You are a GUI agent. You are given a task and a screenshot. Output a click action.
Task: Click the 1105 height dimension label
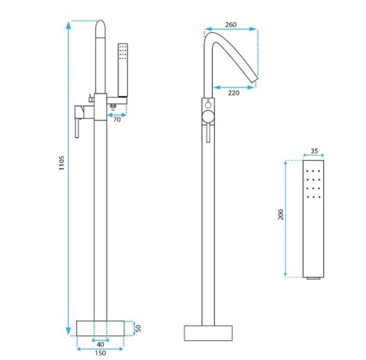point(62,163)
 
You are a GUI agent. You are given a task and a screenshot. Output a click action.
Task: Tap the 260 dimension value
point(231,24)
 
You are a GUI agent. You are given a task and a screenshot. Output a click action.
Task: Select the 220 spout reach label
point(233,93)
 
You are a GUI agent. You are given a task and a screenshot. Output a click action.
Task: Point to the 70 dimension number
point(117,119)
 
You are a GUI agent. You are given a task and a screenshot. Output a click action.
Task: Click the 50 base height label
point(138,328)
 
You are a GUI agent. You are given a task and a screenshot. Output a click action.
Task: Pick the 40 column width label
point(101,344)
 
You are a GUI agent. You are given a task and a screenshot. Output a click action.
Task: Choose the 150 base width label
point(100,353)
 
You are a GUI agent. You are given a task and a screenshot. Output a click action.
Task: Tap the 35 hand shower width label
point(314,151)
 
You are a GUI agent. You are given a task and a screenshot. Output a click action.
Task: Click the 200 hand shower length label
point(281,214)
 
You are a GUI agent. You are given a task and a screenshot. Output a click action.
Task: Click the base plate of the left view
point(101,328)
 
